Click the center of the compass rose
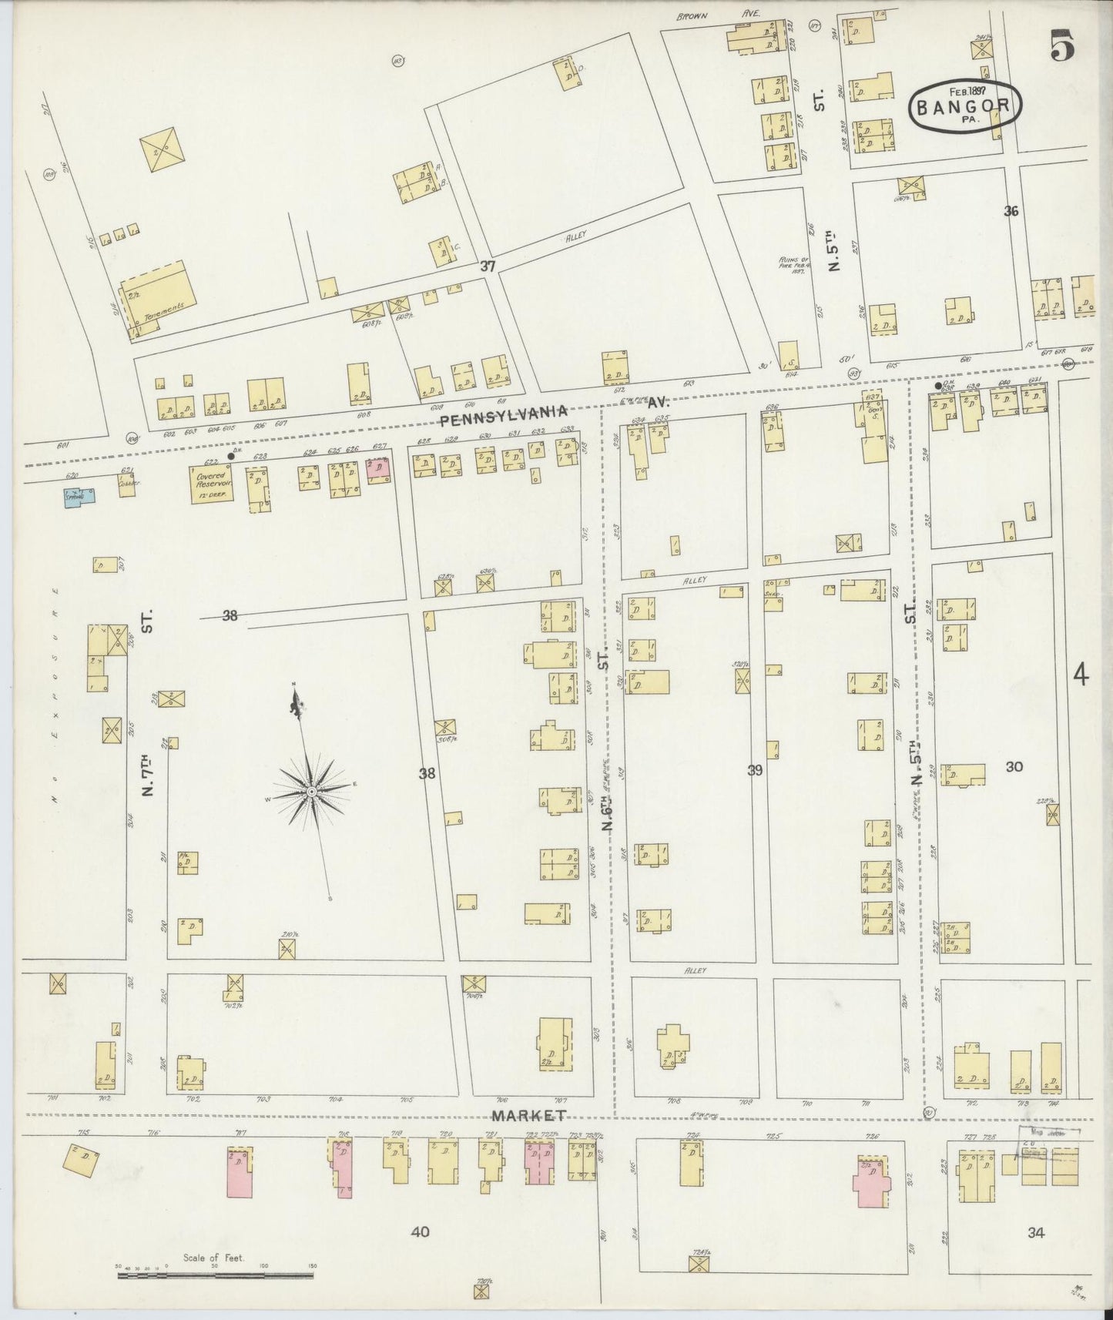(310, 791)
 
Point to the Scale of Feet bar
(215, 1275)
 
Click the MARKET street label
(529, 1115)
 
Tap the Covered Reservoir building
(212, 485)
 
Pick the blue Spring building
(79, 496)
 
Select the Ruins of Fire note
(791, 266)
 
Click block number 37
(487, 266)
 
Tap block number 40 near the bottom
(420, 1232)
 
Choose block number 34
(1036, 1233)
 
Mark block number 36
(1011, 210)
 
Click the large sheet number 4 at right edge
(1081, 675)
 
